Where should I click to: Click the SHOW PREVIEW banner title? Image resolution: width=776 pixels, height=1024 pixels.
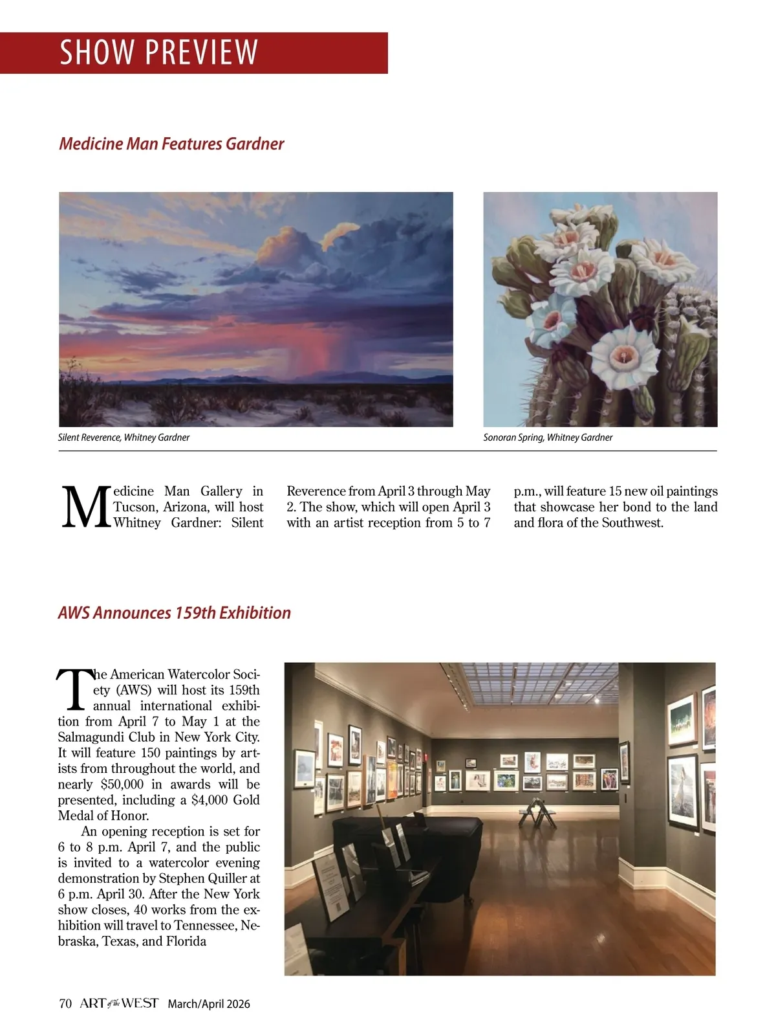[x=158, y=52]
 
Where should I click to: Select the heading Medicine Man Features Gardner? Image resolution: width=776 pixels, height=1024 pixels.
[x=171, y=144]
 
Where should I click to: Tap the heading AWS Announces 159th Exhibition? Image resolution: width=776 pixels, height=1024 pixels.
[x=174, y=613]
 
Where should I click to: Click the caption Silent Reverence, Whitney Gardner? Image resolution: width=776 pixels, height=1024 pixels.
[x=124, y=438]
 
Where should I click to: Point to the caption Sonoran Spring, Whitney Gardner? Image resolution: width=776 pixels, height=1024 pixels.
[x=548, y=438]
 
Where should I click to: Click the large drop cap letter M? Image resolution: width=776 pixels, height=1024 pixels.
[x=85, y=508]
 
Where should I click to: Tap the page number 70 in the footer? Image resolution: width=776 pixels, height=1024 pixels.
[x=65, y=1004]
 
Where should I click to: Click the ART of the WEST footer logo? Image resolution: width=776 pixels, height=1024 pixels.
[x=119, y=1003]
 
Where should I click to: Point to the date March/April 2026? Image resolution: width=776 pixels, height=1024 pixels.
[x=209, y=1005]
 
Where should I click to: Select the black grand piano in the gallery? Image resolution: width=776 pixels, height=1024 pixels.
[x=414, y=838]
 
